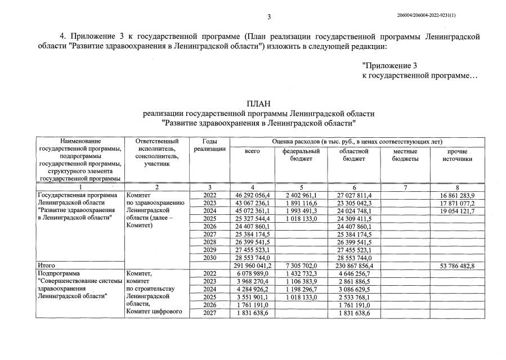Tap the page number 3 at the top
(269, 16)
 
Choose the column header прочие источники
(457, 155)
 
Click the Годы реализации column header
(210, 145)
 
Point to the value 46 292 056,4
(252, 195)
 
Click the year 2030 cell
(209, 256)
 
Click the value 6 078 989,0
(252, 272)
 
